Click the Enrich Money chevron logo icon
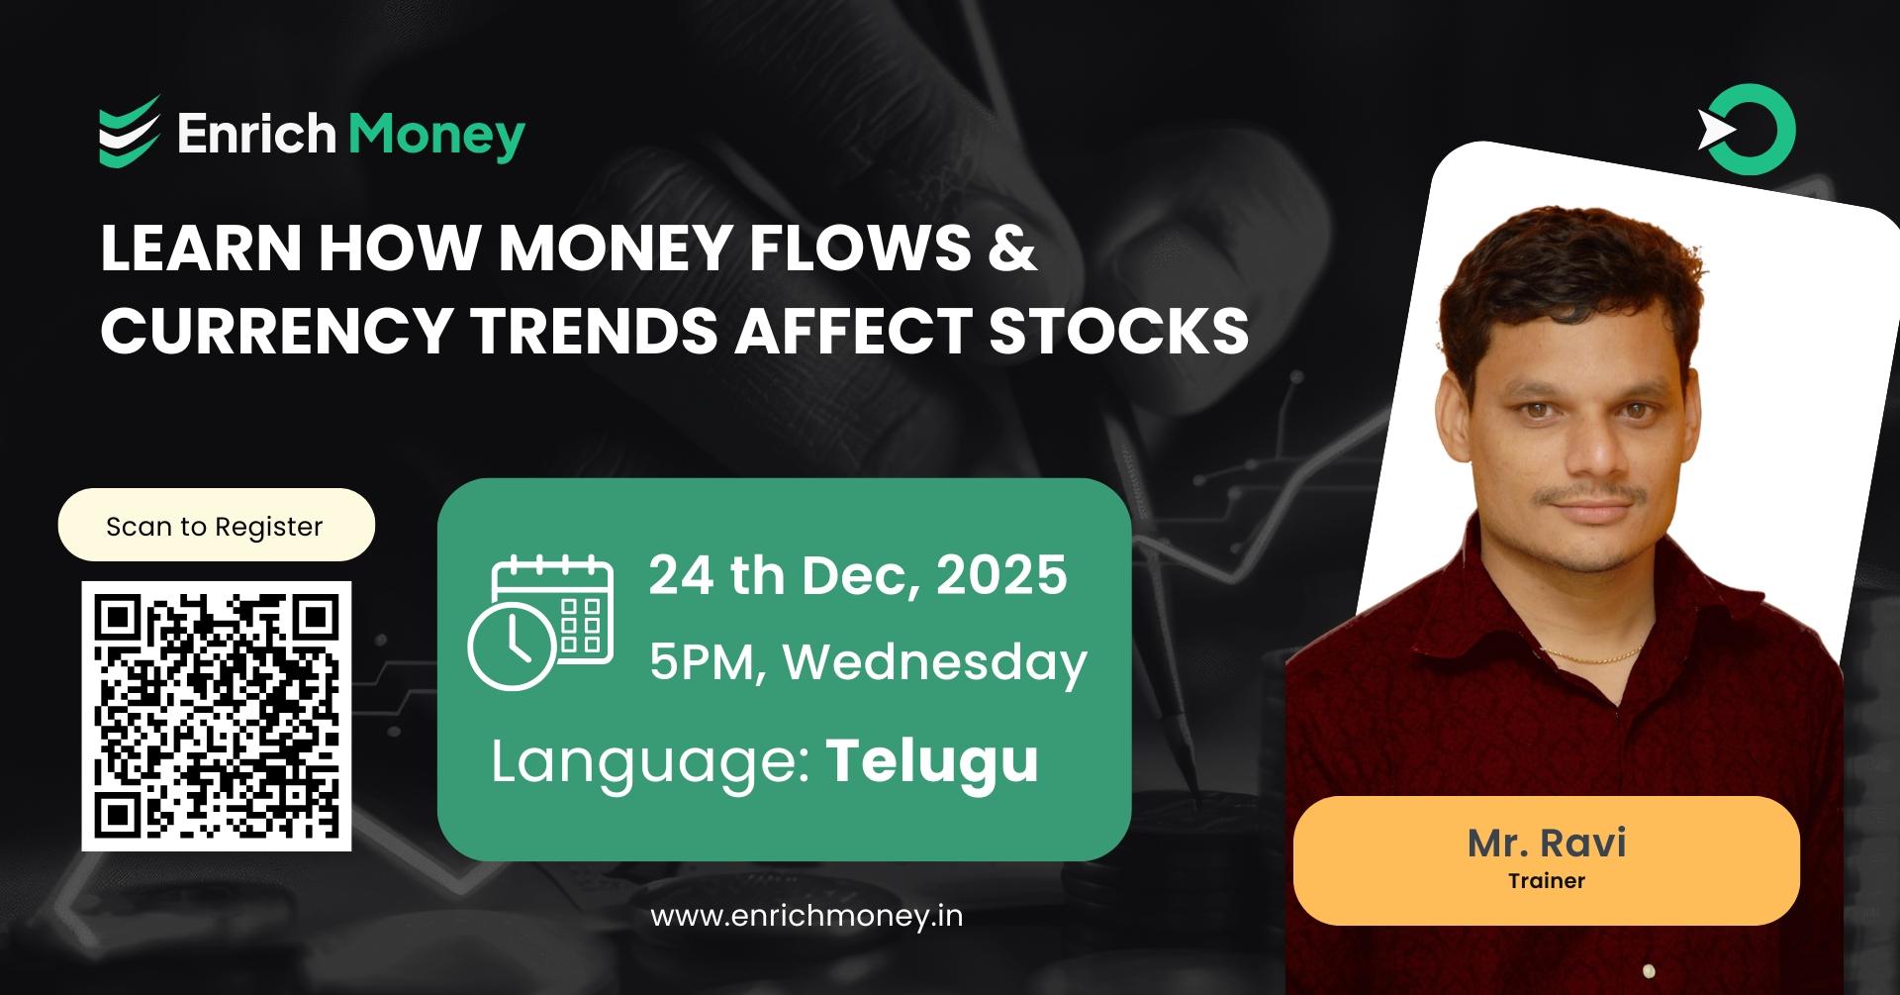click(129, 132)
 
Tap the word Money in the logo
click(436, 135)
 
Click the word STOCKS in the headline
click(1118, 331)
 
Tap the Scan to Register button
click(216, 526)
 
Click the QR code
click(216, 716)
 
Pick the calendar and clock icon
click(540, 622)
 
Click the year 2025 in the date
click(1001, 575)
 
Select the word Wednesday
click(935, 662)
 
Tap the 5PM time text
click(703, 662)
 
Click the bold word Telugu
click(932, 760)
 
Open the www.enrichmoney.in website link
click(807, 916)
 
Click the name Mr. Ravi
click(1547, 843)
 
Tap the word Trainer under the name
click(1547, 880)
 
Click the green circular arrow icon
click(1748, 131)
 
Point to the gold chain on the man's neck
click(1593, 655)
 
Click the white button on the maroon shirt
click(1649, 970)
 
